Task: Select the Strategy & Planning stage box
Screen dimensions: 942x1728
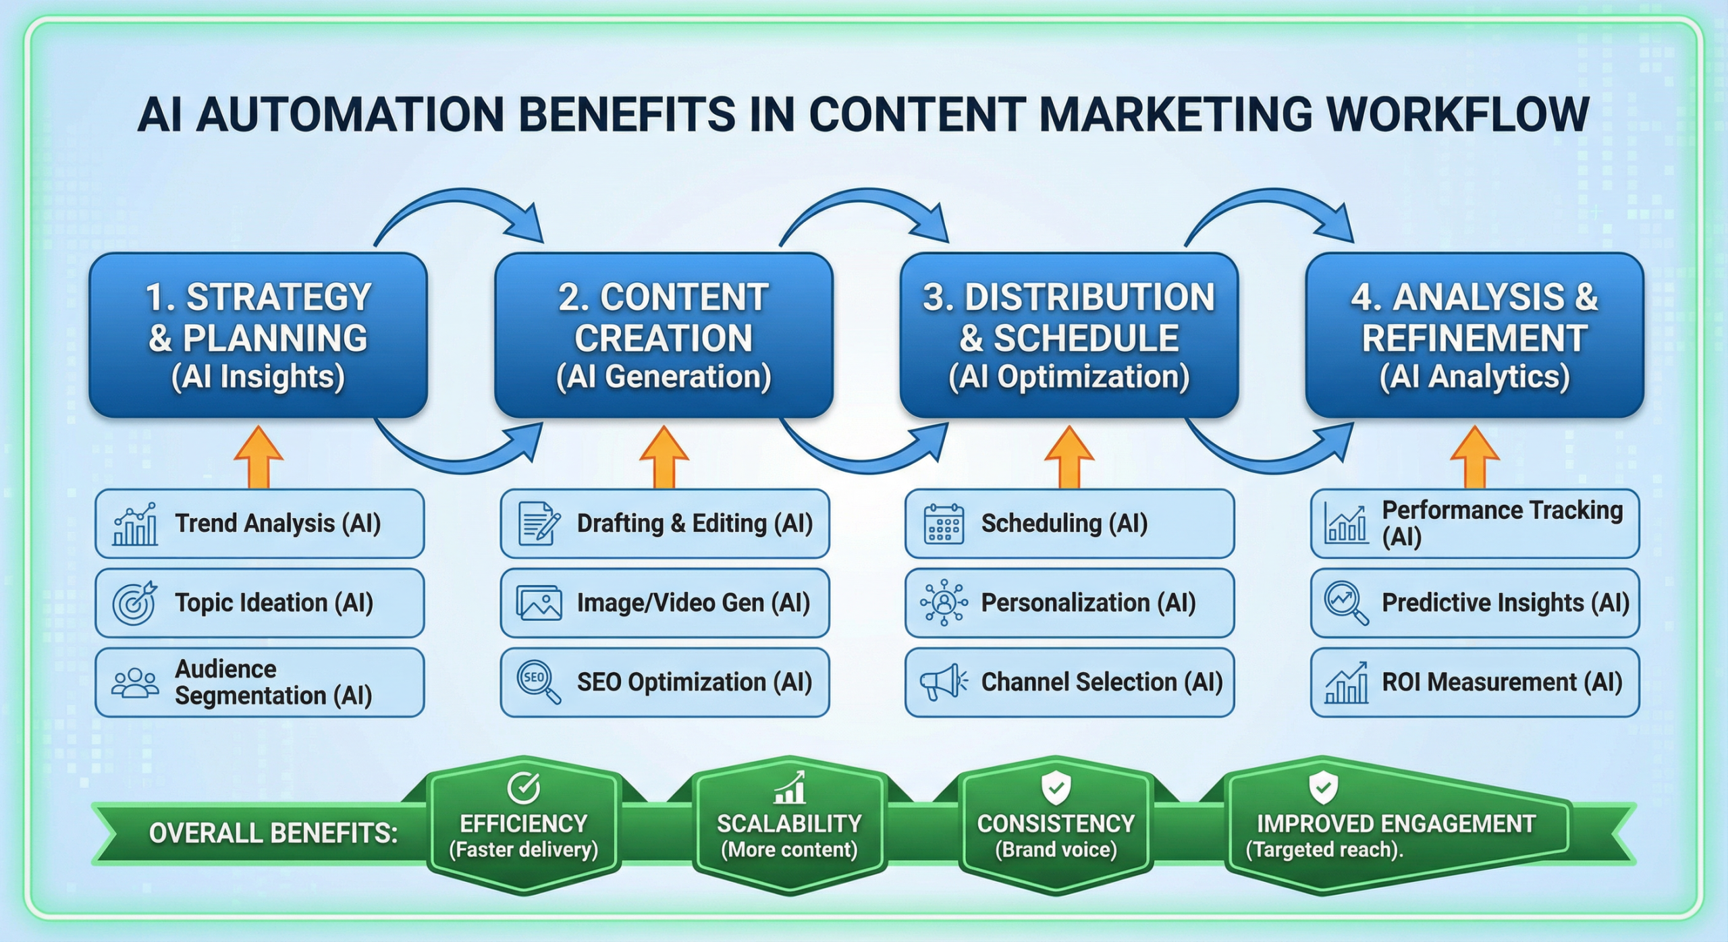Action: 259,335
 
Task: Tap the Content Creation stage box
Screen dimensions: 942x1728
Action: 664,335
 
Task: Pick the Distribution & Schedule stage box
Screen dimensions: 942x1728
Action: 1069,335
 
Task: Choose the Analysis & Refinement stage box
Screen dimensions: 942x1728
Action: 1474,335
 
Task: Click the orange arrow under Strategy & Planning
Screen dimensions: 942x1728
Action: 259,457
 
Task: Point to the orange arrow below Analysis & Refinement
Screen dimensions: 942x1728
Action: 1475,457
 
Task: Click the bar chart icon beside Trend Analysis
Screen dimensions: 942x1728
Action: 136,524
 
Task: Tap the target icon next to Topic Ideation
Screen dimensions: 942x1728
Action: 134,603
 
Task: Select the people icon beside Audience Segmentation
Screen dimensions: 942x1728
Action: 135,682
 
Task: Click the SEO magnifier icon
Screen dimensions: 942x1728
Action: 538,682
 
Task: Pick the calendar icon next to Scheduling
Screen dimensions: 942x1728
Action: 944,524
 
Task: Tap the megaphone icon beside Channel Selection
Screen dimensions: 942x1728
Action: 943,682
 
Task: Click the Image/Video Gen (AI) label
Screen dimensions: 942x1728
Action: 693,603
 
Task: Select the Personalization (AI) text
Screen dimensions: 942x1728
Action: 1088,603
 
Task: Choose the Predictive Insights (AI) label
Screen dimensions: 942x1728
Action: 1505,603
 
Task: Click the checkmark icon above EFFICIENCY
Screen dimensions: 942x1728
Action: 523,787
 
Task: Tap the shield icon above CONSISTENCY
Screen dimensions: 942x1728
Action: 1056,787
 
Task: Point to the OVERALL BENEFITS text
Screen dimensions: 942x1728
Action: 273,833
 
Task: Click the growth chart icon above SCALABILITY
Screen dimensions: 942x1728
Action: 790,787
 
